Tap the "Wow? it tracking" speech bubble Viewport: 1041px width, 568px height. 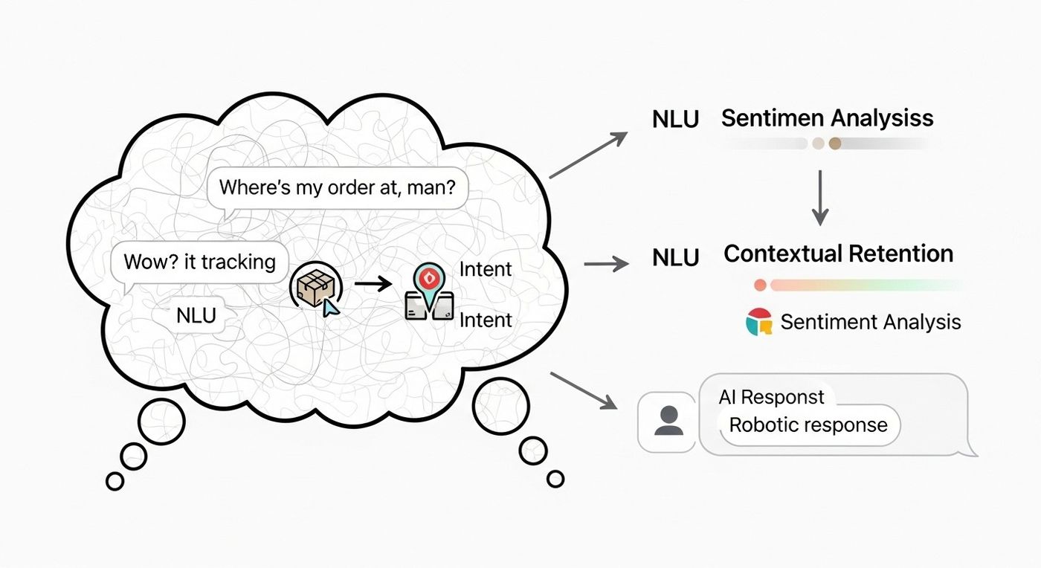(x=199, y=262)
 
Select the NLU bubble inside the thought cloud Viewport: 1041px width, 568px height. (x=196, y=315)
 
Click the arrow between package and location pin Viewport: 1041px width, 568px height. (x=373, y=283)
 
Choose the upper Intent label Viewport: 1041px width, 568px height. (x=486, y=269)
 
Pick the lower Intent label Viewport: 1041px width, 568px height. (x=486, y=320)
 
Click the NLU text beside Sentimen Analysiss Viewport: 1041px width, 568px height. (x=675, y=119)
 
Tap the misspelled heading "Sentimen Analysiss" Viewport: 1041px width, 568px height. (x=827, y=117)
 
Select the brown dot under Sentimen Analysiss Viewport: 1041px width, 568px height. (x=834, y=143)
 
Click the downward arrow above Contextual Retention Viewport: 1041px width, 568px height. (x=819, y=198)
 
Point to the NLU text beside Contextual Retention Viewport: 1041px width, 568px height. (x=675, y=257)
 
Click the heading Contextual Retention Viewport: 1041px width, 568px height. (x=838, y=254)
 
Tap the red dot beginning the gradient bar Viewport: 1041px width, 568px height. (x=760, y=285)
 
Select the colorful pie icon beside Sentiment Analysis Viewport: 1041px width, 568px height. (x=759, y=322)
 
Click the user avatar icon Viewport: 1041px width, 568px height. (x=668, y=421)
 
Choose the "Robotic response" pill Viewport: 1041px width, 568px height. (x=808, y=425)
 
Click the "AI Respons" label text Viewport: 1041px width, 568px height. (x=771, y=397)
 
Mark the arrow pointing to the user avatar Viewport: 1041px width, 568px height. (x=585, y=391)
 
